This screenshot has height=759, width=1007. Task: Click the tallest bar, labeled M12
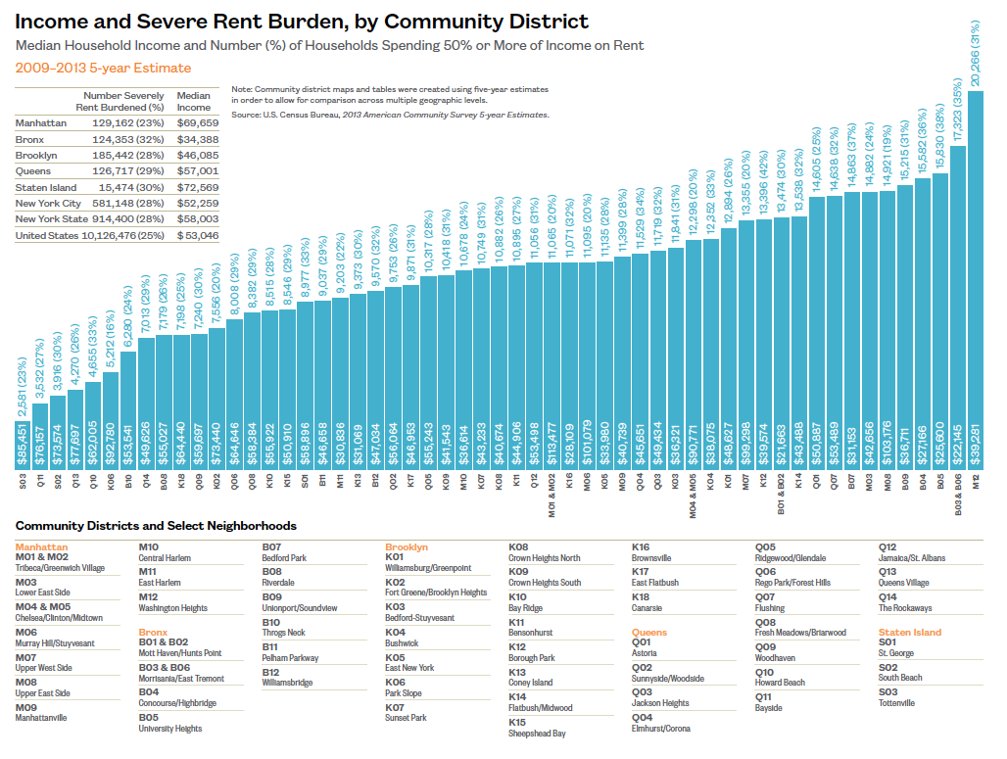pyautogui.click(x=976, y=274)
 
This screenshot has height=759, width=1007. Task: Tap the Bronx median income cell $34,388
pyautogui.click(x=197, y=139)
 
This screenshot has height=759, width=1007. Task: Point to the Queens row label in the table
pyautogui.click(x=34, y=171)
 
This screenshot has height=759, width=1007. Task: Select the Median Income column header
pyautogui.click(x=193, y=101)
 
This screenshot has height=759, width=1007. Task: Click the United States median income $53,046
pyautogui.click(x=196, y=235)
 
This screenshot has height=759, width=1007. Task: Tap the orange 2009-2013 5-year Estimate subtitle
pyautogui.click(x=103, y=69)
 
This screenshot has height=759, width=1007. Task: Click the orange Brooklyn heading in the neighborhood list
pyautogui.click(x=407, y=546)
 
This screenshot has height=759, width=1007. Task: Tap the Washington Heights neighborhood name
pyautogui.click(x=173, y=608)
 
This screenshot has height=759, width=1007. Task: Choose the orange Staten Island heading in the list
pyautogui.click(x=909, y=633)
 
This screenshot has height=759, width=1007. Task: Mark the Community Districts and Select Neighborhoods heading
pyautogui.click(x=156, y=526)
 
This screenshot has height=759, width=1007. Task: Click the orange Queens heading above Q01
pyautogui.click(x=648, y=633)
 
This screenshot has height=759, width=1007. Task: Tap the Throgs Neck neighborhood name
pyautogui.click(x=285, y=633)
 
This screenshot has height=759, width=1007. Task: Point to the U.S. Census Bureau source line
pyautogui.click(x=390, y=115)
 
